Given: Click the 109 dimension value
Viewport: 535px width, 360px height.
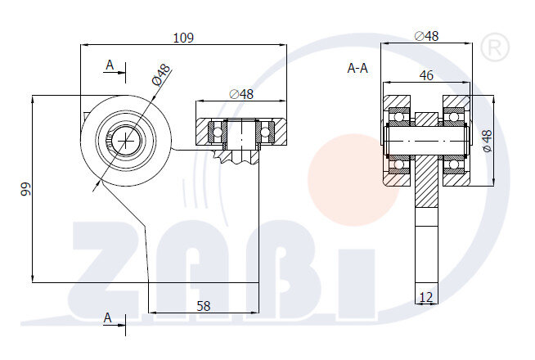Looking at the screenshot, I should tap(184, 38).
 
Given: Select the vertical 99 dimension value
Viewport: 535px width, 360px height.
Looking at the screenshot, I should tap(25, 189).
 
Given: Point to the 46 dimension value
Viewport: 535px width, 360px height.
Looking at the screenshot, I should tap(425, 74).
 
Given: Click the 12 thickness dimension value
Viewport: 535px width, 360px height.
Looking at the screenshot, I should tap(425, 295).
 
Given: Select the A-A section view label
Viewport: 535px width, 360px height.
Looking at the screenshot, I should tap(357, 69).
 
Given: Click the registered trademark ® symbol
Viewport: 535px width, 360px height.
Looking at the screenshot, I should tap(492, 47).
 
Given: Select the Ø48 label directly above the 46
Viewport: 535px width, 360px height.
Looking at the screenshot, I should tap(426, 36).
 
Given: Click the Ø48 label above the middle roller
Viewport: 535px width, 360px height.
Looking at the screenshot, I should tap(241, 93).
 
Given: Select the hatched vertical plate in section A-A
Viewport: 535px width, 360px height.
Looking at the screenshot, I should tap(426, 184).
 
